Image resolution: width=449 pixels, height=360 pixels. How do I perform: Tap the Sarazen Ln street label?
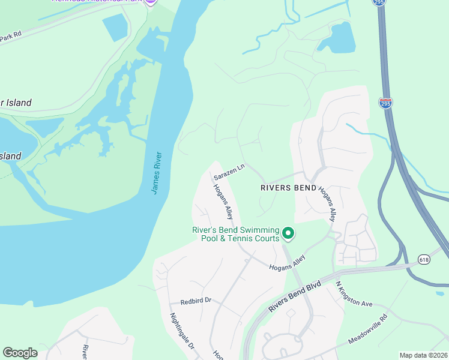point(230,172)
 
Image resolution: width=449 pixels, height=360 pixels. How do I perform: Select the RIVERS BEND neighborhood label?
point(288,188)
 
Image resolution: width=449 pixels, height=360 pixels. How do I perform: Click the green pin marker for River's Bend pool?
point(288,233)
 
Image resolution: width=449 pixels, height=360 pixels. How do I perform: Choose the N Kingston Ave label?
point(354,294)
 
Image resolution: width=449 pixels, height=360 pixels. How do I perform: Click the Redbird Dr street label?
point(196,299)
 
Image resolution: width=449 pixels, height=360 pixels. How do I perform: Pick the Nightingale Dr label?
point(182,331)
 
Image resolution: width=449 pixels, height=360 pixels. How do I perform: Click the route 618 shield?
point(424,259)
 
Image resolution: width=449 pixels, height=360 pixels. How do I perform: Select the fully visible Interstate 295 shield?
point(385,103)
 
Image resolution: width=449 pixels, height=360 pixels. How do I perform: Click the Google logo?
point(20,353)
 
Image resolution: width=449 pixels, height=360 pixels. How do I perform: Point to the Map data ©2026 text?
point(424,355)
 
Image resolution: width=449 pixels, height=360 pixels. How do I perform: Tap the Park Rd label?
point(10,35)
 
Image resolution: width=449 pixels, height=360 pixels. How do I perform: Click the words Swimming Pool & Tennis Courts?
point(236,235)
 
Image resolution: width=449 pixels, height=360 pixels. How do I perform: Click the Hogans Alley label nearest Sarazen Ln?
point(222,200)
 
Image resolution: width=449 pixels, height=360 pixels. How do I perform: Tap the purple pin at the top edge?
point(151,2)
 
